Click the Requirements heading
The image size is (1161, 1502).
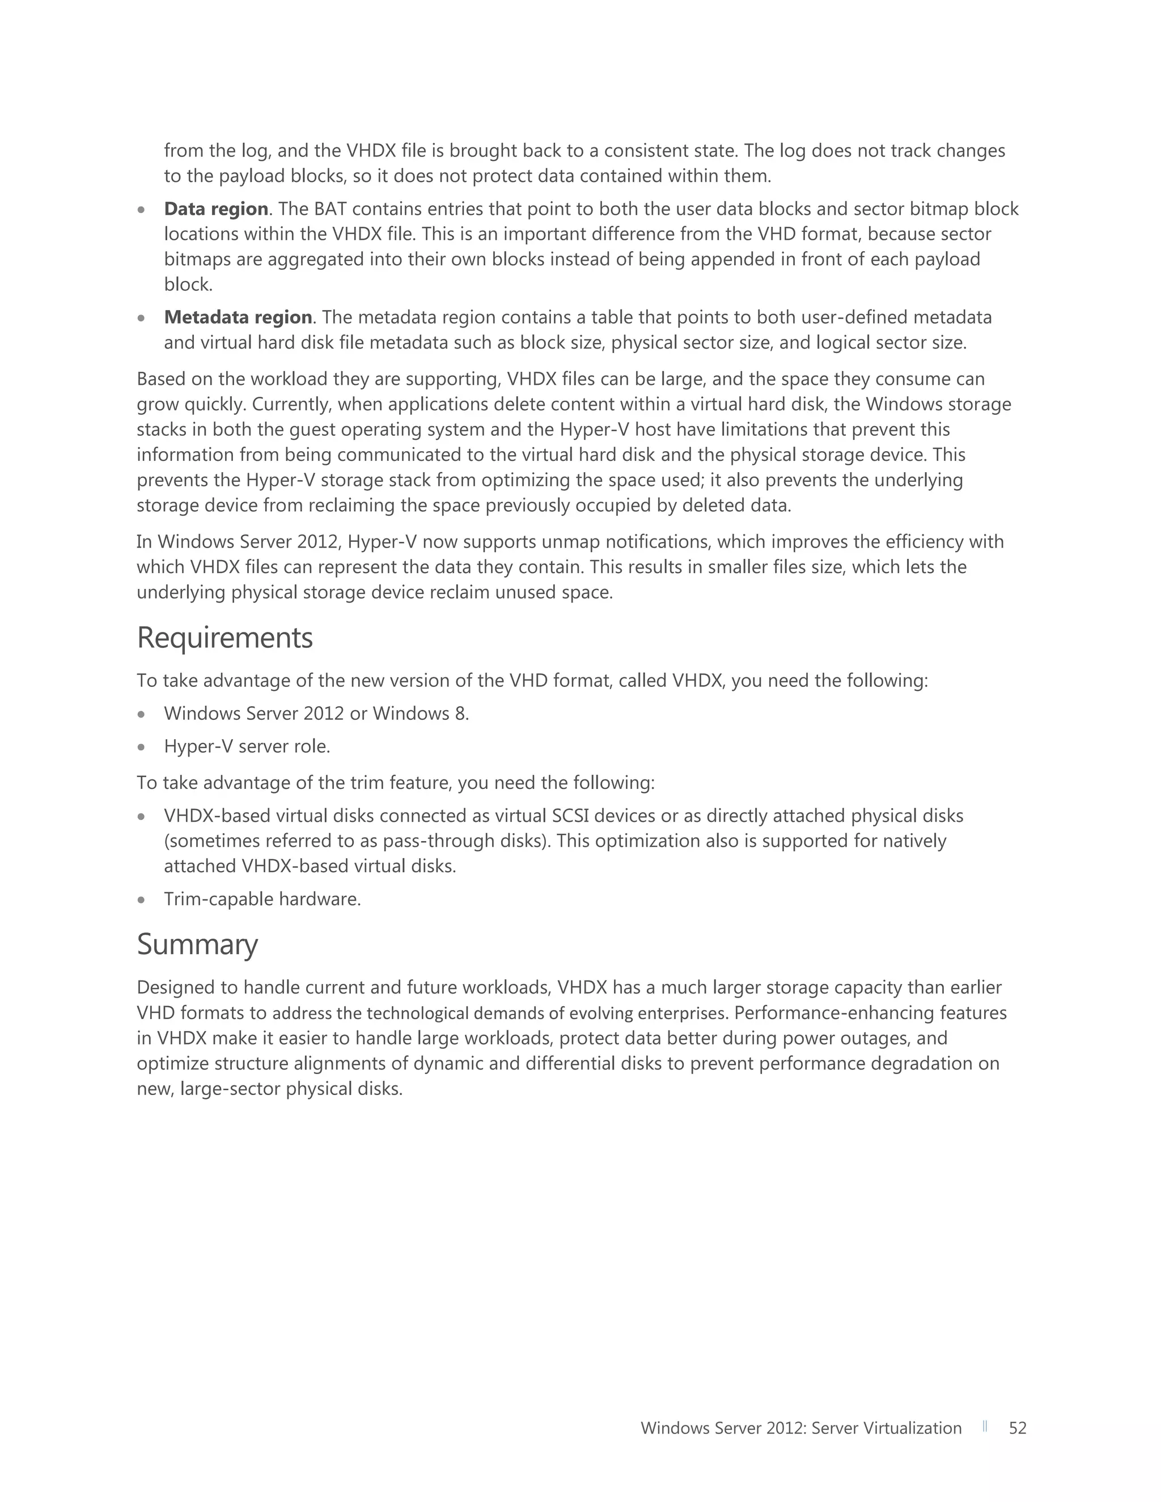coord(225,638)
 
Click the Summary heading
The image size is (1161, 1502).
coord(197,944)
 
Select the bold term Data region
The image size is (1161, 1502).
coord(216,209)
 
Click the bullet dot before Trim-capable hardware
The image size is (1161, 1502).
coord(141,899)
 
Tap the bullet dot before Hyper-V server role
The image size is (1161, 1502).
coord(141,747)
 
